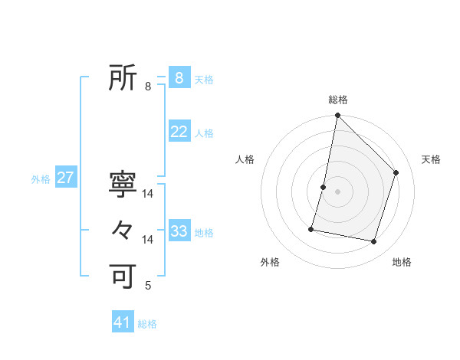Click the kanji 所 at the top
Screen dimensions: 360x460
[123, 77]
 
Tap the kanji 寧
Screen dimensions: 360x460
[123, 185]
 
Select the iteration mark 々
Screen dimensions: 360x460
[123, 230]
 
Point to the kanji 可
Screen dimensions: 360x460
[123, 276]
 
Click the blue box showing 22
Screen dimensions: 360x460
[179, 132]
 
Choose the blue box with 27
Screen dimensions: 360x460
[65, 178]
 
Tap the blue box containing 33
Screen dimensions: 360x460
[179, 231]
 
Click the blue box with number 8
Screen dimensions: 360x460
[179, 77]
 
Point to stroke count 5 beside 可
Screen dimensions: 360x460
[148, 286]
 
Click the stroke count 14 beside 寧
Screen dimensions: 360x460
[148, 195]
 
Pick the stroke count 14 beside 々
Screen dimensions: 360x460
[148, 240]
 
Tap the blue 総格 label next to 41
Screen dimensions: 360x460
[147, 324]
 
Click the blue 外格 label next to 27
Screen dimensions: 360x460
[41, 179]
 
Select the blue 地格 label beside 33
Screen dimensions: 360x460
[204, 233]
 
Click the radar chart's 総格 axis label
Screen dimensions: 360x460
[337, 100]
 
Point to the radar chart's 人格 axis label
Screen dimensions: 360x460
[245, 159]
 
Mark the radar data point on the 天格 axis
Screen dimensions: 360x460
[396, 172]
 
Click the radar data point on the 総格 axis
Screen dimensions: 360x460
[337, 116]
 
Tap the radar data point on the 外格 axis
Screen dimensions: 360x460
[311, 228]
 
